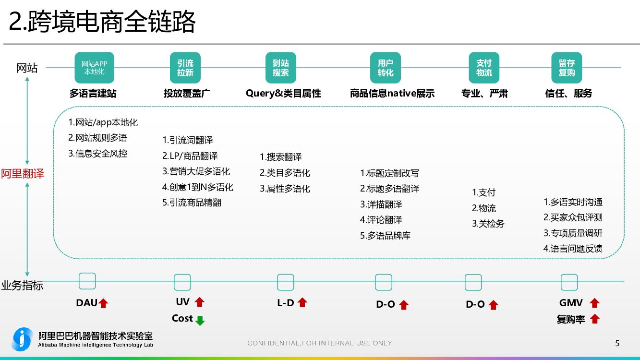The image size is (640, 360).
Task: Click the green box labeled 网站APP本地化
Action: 94,68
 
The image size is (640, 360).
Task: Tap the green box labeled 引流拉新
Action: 185,68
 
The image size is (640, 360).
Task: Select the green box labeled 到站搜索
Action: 281,68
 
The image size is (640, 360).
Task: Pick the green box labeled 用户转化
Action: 386,68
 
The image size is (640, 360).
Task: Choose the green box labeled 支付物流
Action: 484,68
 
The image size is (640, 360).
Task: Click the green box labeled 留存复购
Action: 567,68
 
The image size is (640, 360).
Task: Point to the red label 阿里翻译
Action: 23,173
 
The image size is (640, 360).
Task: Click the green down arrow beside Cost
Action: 200,320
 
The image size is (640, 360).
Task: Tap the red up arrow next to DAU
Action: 103,303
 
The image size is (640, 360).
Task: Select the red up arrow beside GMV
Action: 595,303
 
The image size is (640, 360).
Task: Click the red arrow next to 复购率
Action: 595,319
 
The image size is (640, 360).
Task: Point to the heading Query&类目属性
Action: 283,94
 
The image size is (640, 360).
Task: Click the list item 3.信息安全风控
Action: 98,154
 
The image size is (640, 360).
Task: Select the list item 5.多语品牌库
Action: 386,236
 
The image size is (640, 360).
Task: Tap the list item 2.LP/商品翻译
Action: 190,156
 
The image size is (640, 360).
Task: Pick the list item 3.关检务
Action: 488,224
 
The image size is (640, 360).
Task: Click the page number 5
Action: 617,343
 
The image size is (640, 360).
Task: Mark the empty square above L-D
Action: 286,282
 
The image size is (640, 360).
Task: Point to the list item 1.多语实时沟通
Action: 573,202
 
